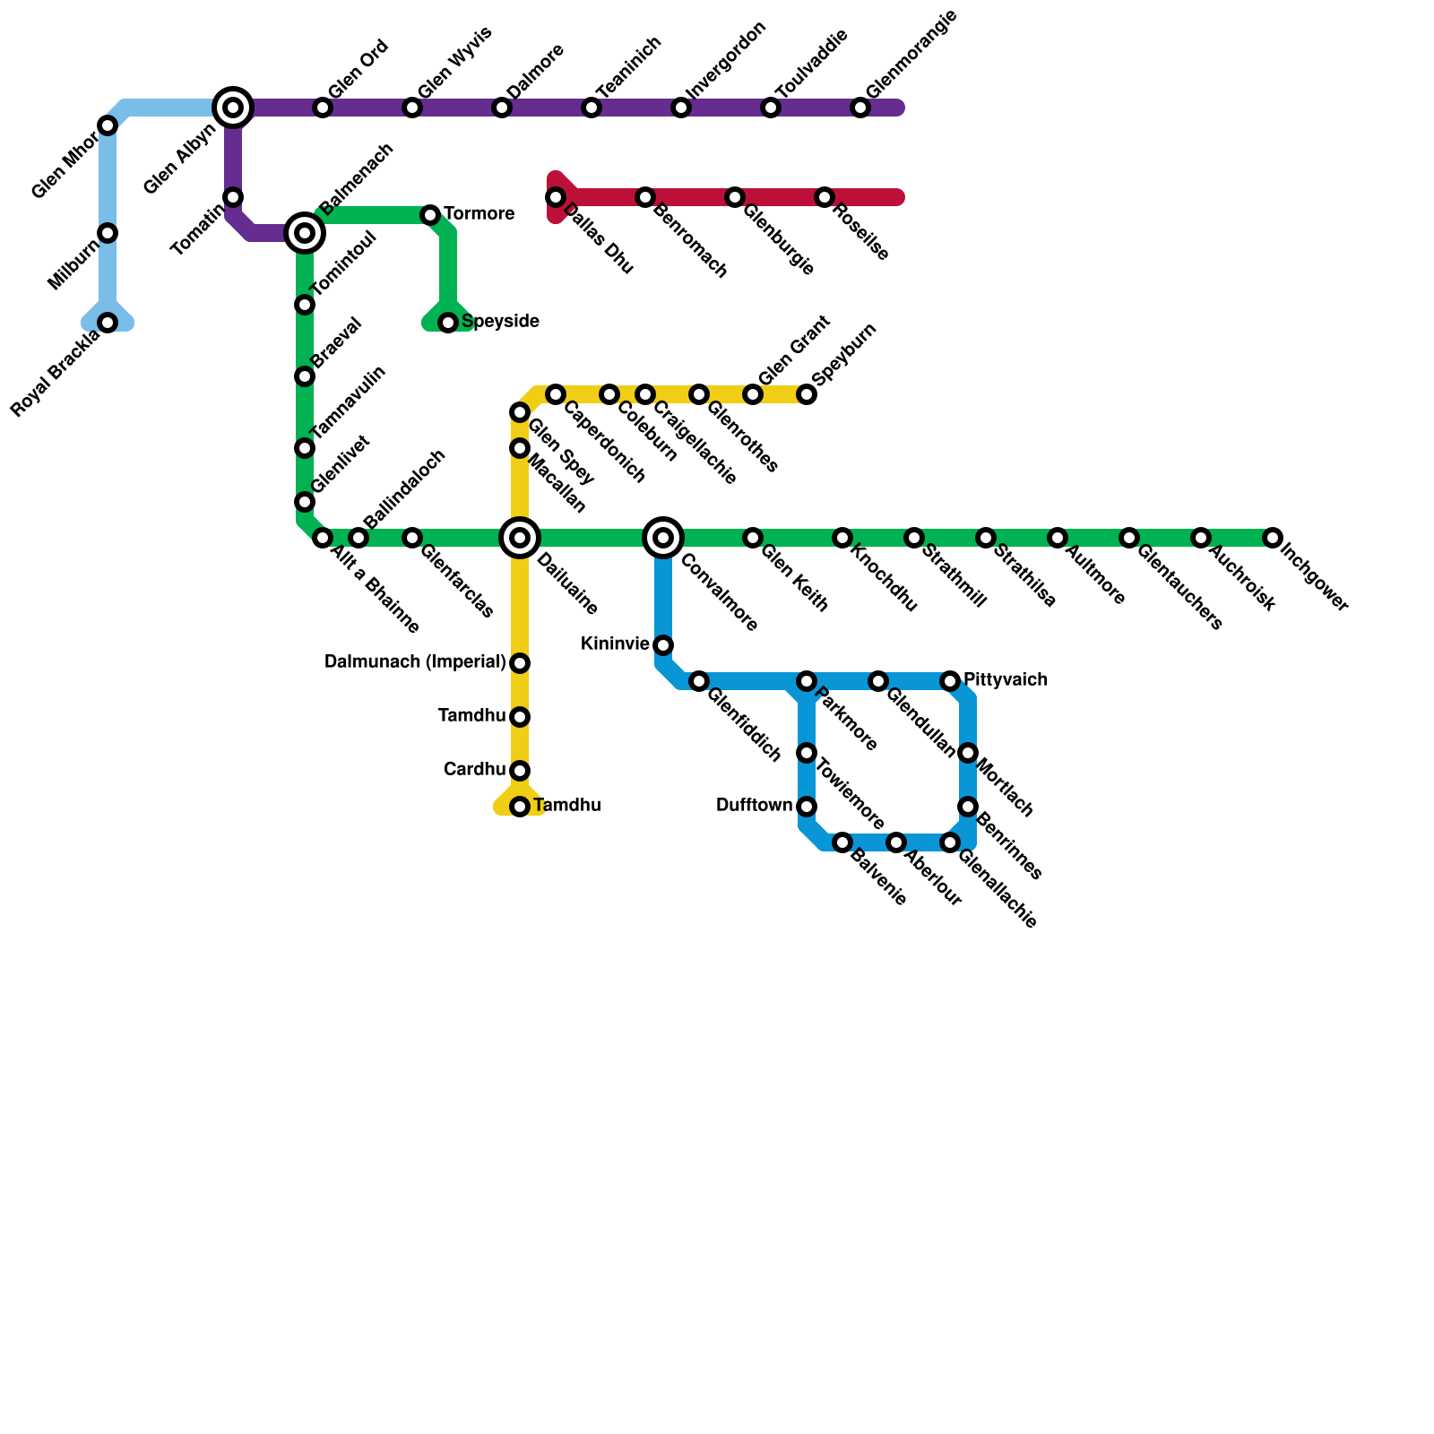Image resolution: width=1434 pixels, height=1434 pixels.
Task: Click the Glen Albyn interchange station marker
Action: (233, 108)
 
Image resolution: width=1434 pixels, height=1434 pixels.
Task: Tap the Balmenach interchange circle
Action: (305, 233)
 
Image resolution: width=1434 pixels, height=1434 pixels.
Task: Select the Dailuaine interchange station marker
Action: (520, 538)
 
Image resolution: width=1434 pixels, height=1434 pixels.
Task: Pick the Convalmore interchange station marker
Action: (663, 538)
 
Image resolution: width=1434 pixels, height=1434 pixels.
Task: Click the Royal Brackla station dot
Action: (108, 323)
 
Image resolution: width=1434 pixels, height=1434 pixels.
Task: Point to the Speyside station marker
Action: (448, 323)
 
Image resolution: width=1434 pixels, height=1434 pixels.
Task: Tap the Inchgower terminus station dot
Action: (1273, 538)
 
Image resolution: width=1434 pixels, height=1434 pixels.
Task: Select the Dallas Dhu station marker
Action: (556, 197)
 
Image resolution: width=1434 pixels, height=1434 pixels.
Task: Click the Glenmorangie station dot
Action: (860, 108)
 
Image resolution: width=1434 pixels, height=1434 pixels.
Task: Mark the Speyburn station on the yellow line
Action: (807, 394)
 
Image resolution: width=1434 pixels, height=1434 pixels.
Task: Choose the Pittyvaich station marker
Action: (950, 681)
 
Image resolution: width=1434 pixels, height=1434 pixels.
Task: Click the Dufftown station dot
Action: (807, 807)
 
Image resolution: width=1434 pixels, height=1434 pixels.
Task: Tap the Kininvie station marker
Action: (663, 645)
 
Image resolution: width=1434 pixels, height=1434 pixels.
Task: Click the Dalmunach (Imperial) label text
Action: (415, 662)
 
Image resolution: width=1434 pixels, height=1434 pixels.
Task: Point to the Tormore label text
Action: (479, 214)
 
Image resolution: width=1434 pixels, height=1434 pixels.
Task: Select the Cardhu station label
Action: (474, 770)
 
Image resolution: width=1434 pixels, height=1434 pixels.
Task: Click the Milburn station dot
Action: (108, 233)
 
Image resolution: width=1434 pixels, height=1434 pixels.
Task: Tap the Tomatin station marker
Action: (233, 197)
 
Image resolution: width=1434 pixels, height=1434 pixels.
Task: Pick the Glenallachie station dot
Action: (950, 842)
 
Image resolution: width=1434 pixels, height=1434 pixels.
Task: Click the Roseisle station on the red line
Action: (825, 197)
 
